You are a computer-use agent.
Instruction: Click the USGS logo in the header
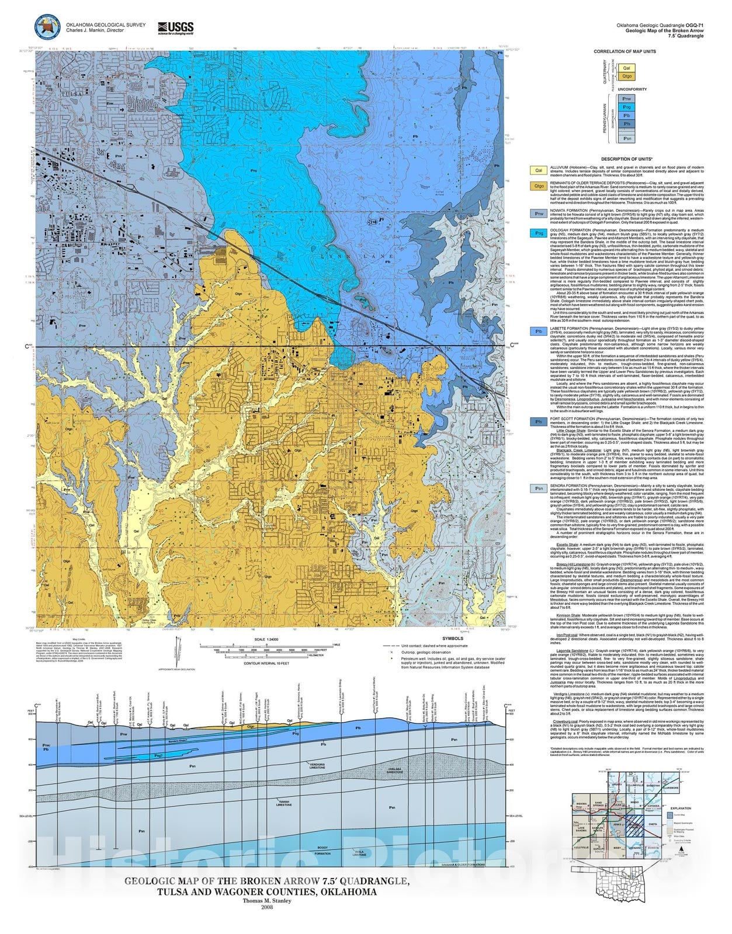(x=175, y=28)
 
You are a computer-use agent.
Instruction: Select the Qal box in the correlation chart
(x=626, y=68)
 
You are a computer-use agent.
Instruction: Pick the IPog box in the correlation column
(x=626, y=107)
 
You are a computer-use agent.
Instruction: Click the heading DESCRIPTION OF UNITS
(x=626, y=159)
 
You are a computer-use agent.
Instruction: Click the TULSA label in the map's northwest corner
(x=53, y=78)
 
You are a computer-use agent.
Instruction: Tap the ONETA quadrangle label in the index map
(x=653, y=824)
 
